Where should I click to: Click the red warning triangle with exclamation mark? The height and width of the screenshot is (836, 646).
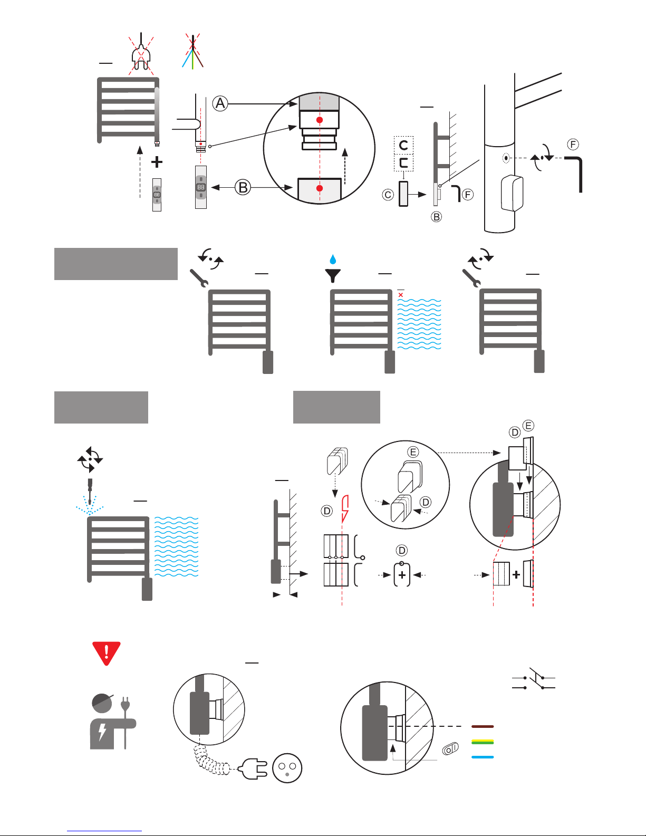coord(106,652)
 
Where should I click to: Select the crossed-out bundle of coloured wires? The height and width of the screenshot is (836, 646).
coord(193,53)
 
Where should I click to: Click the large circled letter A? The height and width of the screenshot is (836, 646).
coord(220,103)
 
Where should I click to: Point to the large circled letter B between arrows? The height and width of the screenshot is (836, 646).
coord(243,187)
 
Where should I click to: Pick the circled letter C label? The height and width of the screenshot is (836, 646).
coord(388,195)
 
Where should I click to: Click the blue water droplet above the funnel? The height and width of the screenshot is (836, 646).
coord(333,259)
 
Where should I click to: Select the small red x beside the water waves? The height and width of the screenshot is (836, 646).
coord(401,295)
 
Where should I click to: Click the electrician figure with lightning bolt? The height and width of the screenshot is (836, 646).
coord(112,723)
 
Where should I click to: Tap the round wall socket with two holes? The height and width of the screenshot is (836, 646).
coord(287,768)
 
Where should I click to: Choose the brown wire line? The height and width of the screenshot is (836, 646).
coord(483,726)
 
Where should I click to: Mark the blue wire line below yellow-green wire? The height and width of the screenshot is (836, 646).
coord(483,757)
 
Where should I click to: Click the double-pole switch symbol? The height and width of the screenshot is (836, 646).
coord(534,682)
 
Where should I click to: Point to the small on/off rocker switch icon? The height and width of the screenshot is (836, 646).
coord(450,748)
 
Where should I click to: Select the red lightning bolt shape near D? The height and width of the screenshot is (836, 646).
coord(345,508)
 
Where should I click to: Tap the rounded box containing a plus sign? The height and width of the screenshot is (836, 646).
coord(402,575)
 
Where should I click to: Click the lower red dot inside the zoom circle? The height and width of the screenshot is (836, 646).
coord(320,188)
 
